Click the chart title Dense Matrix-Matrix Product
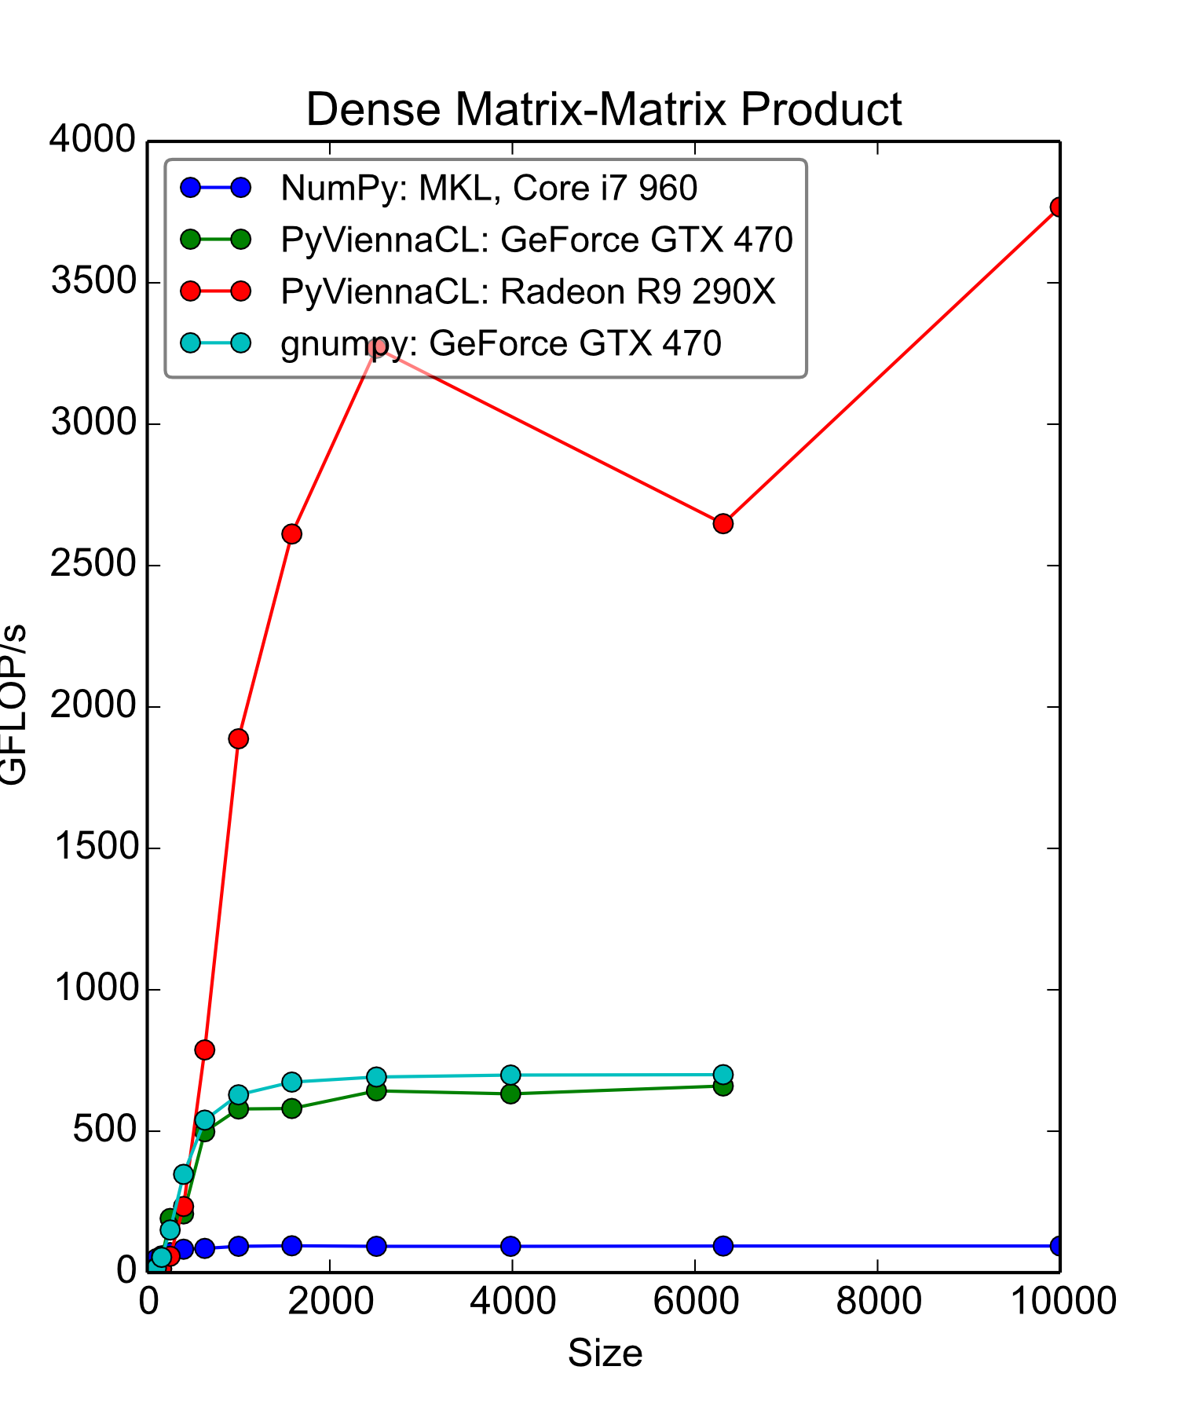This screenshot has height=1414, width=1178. (603, 109)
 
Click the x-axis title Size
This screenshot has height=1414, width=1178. (605, 1353)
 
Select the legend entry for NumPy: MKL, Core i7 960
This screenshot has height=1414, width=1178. (488, 188)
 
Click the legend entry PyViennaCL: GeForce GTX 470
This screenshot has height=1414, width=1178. (536, 240)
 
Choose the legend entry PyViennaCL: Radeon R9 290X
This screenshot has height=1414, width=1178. (528, 291)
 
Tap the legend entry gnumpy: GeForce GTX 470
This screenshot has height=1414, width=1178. (500, 343)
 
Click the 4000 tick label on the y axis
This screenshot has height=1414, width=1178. (93, 141)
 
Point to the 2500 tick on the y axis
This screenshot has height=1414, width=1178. (93, 565)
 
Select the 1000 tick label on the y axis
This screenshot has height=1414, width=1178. (93, 989)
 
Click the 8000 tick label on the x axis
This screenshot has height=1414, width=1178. (878, 1301)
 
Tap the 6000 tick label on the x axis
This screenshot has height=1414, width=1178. (696, 1301)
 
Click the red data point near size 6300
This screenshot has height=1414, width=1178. (723, 523)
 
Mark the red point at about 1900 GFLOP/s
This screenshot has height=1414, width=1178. (239, 738)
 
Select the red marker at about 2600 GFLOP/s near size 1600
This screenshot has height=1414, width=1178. (291, 534)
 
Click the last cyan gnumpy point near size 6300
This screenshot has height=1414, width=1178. (723, 1075)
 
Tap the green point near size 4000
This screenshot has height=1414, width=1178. (510, 1093)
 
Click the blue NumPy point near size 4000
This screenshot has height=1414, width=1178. (510, 1246)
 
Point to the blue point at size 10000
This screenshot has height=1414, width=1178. (1058, 1245)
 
